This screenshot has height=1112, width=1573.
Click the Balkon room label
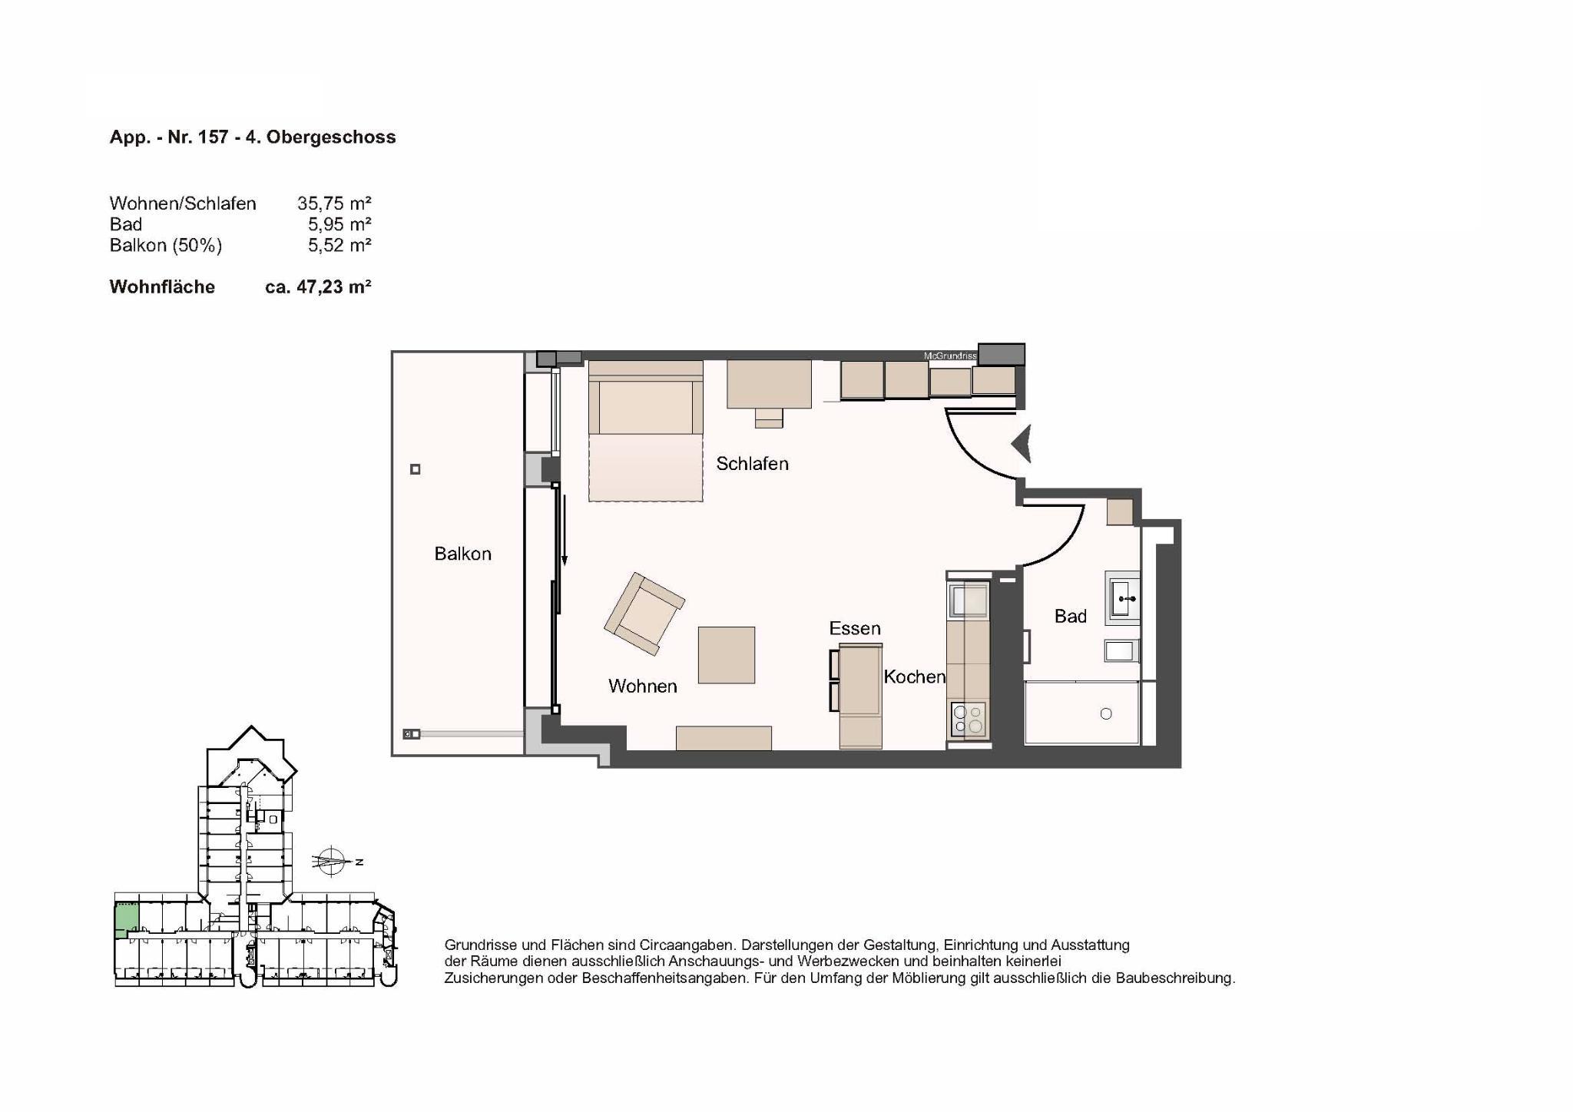462,554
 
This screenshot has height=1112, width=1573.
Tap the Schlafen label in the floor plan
752,464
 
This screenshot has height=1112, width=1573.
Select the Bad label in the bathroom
1070,616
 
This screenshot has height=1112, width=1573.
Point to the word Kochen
914,677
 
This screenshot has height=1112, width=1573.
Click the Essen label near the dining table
854,628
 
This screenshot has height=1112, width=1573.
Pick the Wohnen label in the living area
642,686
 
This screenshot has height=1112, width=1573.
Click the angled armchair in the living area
644,614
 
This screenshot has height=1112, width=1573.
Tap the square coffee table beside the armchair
726,655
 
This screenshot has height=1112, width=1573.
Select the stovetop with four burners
968,720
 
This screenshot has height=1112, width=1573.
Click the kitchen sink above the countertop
969,600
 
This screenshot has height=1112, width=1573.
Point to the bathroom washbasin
1122,597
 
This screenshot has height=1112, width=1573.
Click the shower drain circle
1106,713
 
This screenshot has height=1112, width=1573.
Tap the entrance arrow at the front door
1021,444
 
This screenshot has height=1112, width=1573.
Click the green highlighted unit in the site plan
127,919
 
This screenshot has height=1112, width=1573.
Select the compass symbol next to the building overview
332,861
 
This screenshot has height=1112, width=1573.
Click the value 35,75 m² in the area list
334,204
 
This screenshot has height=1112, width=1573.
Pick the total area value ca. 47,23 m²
318,286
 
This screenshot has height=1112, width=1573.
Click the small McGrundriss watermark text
950,356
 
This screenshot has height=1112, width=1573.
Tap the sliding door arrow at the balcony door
565,530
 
